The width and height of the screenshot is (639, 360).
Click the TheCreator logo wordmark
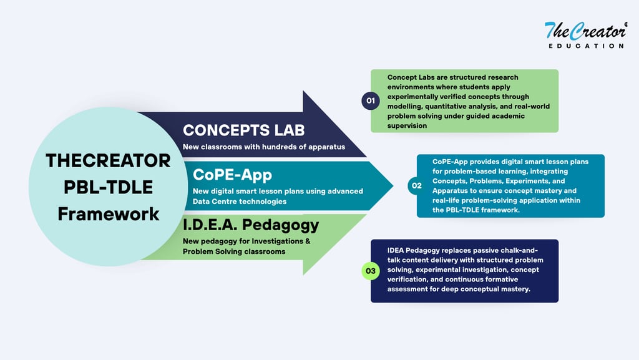[x=584, y=31]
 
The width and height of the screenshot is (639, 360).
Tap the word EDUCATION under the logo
[x=586, y=46]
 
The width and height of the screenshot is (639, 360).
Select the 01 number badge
[x=371, y=100]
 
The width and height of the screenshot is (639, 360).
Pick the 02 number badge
[x=416, y=185]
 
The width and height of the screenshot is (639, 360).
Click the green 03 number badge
[x=371, y=271]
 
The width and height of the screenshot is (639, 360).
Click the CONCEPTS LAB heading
[x=243, y=130]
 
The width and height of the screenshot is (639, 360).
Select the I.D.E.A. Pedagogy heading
[x=251, y=224]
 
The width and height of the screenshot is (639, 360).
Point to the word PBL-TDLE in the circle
[x=108, y=187]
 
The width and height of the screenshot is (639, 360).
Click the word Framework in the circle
[x=108, y=214]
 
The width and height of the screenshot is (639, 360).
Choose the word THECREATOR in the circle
[x=108, y=160]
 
